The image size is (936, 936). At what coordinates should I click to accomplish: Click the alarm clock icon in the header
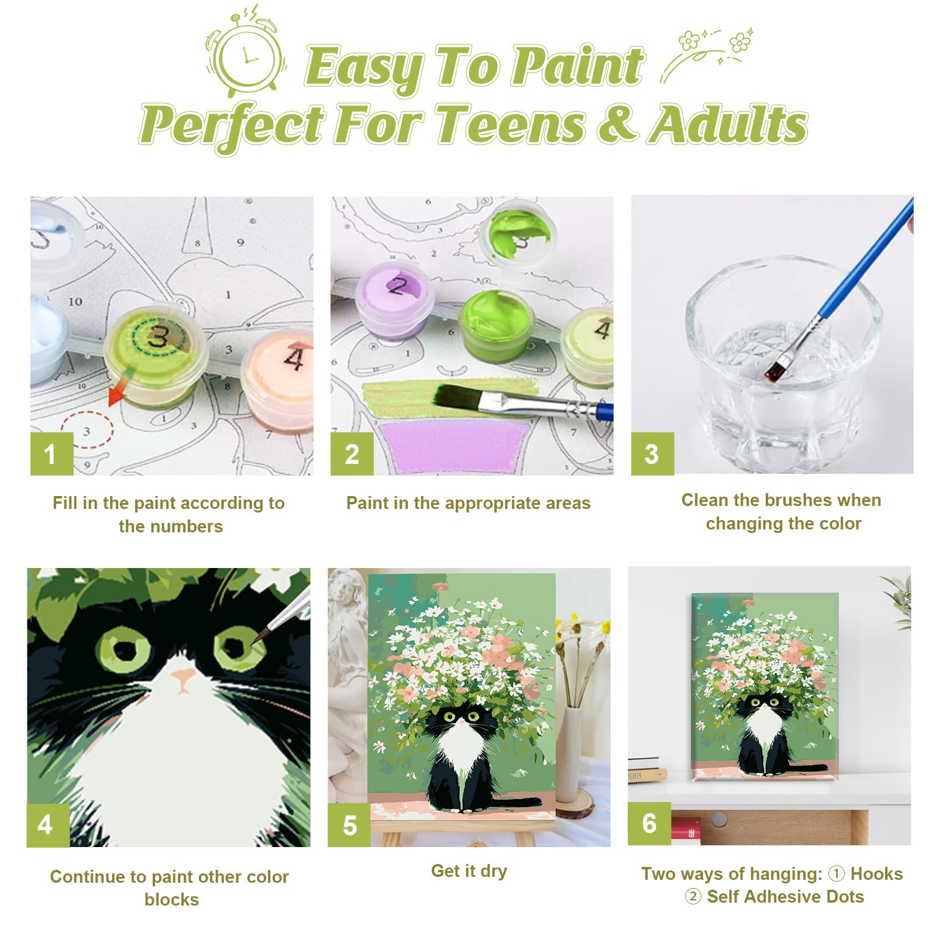click(246, 56)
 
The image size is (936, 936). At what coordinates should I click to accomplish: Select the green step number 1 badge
click(51, 454)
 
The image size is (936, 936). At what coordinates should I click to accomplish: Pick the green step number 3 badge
click(652, 454)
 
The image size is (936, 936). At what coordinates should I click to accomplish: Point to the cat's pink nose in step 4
click(183, 679)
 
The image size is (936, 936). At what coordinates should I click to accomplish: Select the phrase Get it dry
click(469, 871)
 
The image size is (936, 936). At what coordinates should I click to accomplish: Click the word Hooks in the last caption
click(876, 873)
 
